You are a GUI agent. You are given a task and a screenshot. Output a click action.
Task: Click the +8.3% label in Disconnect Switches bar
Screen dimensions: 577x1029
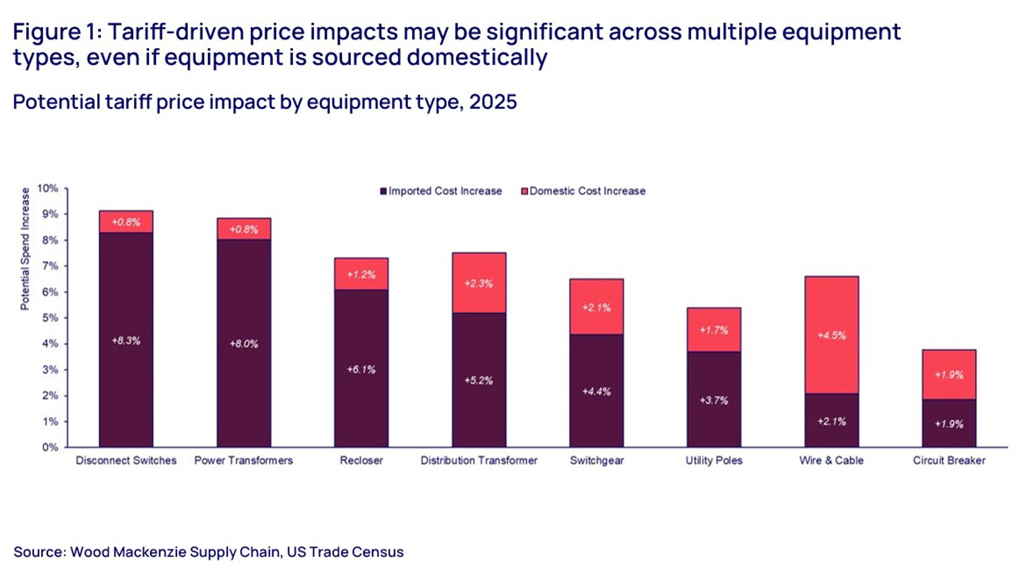(126, 341)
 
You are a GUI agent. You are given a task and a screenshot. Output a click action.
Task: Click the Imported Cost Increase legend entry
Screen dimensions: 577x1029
(441, 191)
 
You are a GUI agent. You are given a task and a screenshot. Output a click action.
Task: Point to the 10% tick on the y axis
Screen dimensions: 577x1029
(48, 188)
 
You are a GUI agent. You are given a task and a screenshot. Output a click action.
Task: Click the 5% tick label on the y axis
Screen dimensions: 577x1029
(50, 318)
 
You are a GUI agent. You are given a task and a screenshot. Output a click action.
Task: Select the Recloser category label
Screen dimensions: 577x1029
(361, 460)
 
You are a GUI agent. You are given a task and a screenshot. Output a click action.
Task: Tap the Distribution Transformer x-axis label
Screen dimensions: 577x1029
(479, 460)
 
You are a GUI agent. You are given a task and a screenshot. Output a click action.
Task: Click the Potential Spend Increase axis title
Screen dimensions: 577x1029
(25, 249)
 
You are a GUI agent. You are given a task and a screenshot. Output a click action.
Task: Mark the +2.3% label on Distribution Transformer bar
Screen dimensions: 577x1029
(478, 284)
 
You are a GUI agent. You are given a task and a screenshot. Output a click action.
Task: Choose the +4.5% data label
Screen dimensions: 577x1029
(831, 336)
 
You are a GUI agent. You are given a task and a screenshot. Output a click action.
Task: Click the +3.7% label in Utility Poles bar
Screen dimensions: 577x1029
(714, 400)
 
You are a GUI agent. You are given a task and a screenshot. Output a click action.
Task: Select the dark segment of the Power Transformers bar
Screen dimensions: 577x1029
(244, 372)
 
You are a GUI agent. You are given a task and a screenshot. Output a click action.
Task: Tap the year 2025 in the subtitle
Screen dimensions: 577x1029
(493, 102)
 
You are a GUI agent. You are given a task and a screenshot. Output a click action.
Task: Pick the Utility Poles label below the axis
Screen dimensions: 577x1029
(714, 460)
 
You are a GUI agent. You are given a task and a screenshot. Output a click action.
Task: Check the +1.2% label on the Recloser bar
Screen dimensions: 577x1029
(361, 275)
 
